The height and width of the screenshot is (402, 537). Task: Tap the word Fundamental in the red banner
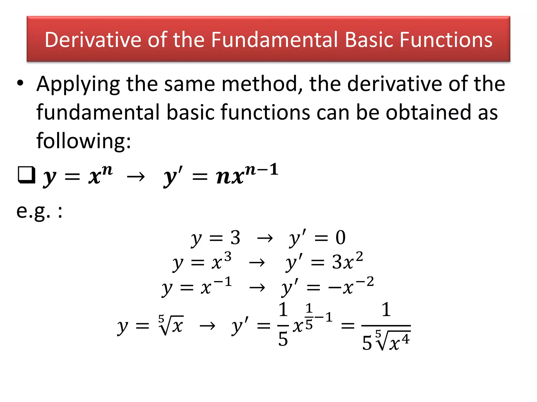[x=274, y=40]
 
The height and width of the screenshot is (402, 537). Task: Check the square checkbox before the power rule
[x=26, y=175]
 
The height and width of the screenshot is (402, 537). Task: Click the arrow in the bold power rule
[x=136, y=177]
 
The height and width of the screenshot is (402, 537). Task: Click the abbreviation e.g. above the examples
[x=33, y=211]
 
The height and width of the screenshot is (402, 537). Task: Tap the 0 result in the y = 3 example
[x=340, y=238]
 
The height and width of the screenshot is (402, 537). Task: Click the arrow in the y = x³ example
[x=257, y=263]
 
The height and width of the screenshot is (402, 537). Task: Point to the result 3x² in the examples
[x=347, y=262]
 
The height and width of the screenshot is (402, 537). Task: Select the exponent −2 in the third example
[x=364, y=282]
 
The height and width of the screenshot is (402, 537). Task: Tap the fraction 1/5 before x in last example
[x=283, y=325]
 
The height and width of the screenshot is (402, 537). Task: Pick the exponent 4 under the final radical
[x=405, y=339]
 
